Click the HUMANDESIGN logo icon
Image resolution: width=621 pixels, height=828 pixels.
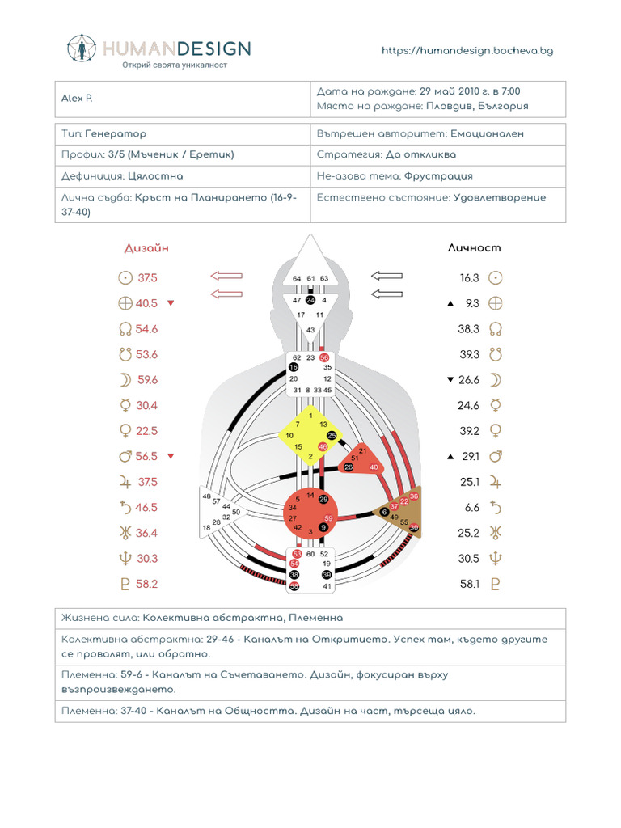[x=81, y=50]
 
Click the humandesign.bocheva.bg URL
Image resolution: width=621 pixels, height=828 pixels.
[x=467, y=50]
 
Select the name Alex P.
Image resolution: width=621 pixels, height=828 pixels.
[x=78, y=99]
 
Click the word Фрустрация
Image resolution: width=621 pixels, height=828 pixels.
[x=438, y=175]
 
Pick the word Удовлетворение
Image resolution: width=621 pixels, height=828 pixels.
[x=500, y=197]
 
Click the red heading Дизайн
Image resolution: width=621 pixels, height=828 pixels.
[x=146, y=248]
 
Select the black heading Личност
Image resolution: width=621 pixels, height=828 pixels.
[x=475, y=248]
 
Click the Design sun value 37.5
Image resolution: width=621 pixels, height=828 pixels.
[x=147, y=278]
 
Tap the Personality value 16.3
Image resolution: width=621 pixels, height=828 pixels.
[x=470, y=278]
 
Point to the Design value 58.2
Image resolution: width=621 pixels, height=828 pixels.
[x=147, y=584]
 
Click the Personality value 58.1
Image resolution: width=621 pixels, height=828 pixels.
[x=470, y=584]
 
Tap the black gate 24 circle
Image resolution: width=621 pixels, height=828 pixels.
[x=310, y=300]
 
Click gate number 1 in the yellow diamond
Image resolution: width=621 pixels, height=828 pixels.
[x=310, y=415]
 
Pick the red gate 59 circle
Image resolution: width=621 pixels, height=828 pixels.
[x=328, y=518]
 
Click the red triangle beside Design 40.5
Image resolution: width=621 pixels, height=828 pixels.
[x=171, y=303]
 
